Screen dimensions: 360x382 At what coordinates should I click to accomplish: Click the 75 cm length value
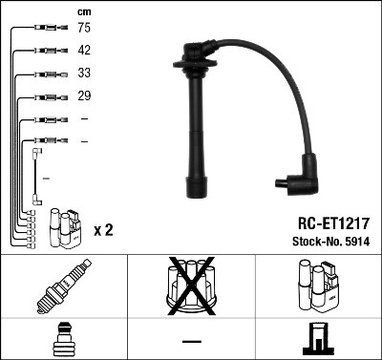(84, 29)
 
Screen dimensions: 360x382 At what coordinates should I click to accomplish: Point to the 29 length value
(84, 97)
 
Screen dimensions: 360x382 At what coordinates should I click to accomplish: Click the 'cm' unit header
(84, 11)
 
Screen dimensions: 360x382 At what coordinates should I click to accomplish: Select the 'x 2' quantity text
(105, 231)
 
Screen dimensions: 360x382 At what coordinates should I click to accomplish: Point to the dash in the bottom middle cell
(191, 341)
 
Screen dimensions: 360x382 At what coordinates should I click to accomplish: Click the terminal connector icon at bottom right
(317, 340)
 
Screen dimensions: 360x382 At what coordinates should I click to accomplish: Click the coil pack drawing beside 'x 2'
(65, 227)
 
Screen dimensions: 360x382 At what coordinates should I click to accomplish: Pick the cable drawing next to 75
(42, 29)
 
